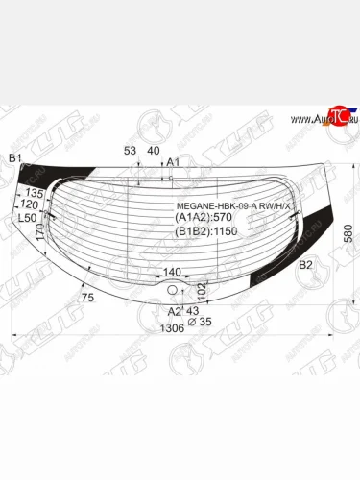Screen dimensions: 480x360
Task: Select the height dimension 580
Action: (349, 233)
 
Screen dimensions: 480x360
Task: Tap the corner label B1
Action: (14, 157)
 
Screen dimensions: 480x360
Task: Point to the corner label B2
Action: (305, 264)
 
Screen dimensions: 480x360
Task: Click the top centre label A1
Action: (174, 162)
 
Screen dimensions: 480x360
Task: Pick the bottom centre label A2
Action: (175, 311)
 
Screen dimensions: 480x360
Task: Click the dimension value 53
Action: (130, 151)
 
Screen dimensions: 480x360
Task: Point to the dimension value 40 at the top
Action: (153, 151)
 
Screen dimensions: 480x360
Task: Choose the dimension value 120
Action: (30, 205)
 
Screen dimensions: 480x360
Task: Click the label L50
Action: (26, 219)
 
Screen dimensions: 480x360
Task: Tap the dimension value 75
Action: (88, 299)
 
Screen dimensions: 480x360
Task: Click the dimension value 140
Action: (172, 273)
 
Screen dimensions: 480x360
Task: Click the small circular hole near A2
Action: (171, 290)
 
